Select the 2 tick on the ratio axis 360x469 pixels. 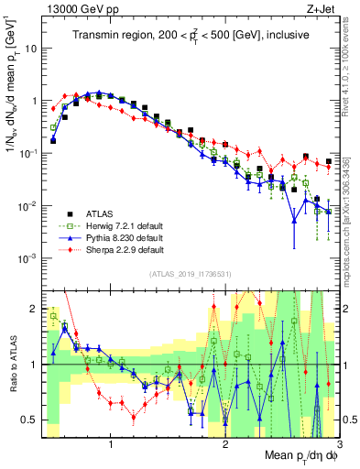click(x=34, y=308)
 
